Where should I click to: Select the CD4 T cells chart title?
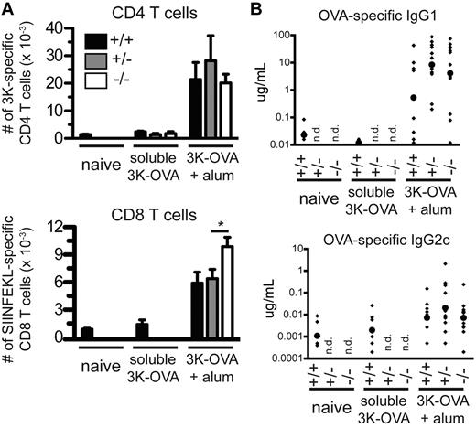coord(142,11)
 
